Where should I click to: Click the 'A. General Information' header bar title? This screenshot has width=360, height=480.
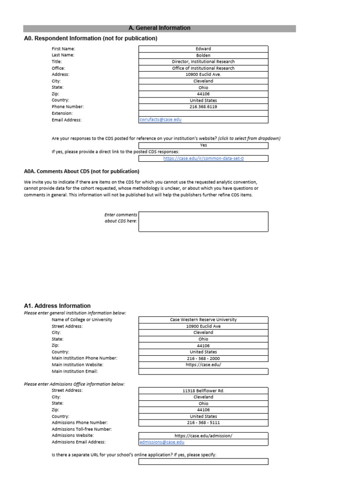(x=159, y=28)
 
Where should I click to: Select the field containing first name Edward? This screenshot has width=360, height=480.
(x=203, y=49)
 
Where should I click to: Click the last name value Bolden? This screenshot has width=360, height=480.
(x=203, y=55)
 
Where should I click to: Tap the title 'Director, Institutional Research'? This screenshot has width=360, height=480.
(x=203, y=61)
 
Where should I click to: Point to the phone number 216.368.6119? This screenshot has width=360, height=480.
(x=203, y=107)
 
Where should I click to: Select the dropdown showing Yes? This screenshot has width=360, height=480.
(x=203, y=145)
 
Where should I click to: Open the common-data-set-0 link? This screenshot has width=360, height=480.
(x=203, y=158)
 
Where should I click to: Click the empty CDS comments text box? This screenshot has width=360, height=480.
(x=203, y=221)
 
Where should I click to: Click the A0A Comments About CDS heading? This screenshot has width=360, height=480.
(x=82, y=172)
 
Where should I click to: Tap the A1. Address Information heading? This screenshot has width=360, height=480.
(x=57, y=306)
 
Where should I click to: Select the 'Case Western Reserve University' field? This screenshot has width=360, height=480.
(x=203, y=320)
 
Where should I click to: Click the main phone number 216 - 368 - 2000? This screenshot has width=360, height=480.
(x=203, y=359)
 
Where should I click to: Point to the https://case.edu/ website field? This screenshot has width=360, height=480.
(x=203, y=365)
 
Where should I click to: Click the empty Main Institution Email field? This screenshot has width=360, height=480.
(x=203, y=371)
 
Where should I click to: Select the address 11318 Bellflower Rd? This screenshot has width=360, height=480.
(x=203, y=390)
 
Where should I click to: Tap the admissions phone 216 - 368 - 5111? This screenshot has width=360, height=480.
(x=203, y=422)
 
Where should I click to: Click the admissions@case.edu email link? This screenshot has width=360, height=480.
(x=162, y=442)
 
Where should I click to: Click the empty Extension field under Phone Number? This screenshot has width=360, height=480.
(x=203, y=113)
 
